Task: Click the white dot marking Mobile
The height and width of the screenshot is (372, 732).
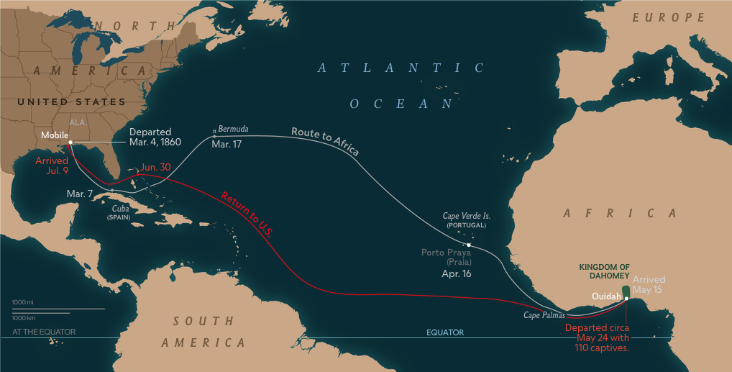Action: click(70, 142)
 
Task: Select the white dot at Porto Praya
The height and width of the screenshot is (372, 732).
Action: click(469, 245)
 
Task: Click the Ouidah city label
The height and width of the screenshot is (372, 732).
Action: click(605, 296)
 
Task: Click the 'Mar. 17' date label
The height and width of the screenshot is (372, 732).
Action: click(227, 145)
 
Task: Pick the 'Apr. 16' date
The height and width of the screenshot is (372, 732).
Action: click(457, 274)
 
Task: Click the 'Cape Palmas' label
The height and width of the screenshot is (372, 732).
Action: click(544, 315)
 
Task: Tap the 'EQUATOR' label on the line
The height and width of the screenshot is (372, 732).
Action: click(445, 332)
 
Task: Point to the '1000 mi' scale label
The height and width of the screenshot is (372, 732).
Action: click(23, 301)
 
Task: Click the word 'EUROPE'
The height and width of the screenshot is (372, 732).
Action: click(669, 17)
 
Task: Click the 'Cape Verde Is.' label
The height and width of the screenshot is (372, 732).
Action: click(466, 215)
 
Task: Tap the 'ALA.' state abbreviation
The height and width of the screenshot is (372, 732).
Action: click(78, 122)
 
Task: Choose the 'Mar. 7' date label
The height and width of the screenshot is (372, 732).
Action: click(79, 194)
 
